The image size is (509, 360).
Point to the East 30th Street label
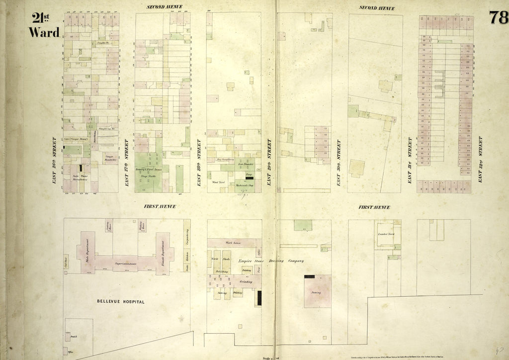click(x=339, y=163)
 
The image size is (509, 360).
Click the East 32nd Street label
click(x=481, y=159)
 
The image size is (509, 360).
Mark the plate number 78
click(x=498, y=17)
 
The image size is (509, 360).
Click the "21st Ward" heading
click(x=44, y=26)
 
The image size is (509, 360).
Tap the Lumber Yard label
click(x=386, y=233)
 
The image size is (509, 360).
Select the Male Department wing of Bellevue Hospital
click(x=86, y=251)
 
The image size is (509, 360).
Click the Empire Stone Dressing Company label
click(x=271, y=261)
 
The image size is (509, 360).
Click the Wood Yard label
click(x=219, y=182)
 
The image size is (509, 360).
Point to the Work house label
click(x=233, y=243)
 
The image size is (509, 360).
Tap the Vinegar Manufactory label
click(x=110, y=158)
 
